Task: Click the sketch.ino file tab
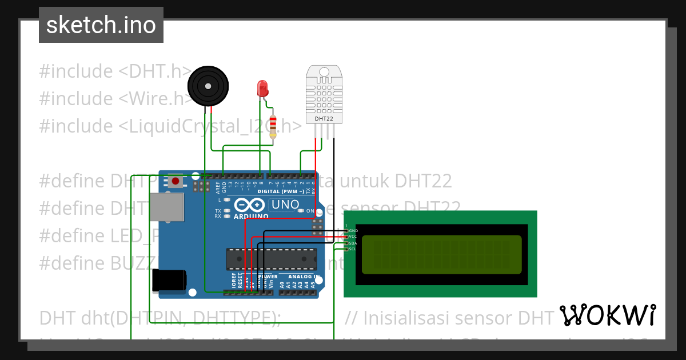pos(101,25)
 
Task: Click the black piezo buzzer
pos(209,86)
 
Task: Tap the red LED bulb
pos(262,88)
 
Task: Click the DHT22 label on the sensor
pos(324,119)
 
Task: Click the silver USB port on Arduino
pos(167,207)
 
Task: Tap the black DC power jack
pos(169,280)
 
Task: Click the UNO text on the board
pos(285,205)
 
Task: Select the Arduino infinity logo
pos(249,205)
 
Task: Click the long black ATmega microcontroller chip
pos(271,258)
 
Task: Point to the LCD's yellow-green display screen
pos(441,254)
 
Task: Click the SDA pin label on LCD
pos(353,243)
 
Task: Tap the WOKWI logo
pos(607,315)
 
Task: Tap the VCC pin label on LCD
pos(353,237)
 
